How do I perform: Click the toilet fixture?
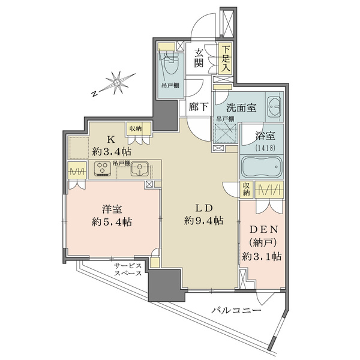point(172,63)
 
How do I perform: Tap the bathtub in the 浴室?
point(262,167)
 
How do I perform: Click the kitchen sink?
point(139,169)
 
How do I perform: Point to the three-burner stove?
point(103,169)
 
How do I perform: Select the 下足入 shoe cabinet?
point(225,59)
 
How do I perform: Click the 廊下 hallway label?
point(199,107)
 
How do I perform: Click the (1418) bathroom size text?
point(265,148)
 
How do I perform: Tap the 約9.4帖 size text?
point(203,221)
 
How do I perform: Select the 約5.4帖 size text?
point(112,222)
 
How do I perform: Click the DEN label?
point(264,229)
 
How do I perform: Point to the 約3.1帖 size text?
point(262,256)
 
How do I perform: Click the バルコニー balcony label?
point(236,311)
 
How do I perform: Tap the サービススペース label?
point(128,269)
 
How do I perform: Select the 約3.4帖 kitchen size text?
point(112,152)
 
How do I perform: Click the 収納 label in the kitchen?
point(135,129)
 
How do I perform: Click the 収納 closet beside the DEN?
point(246,189)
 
